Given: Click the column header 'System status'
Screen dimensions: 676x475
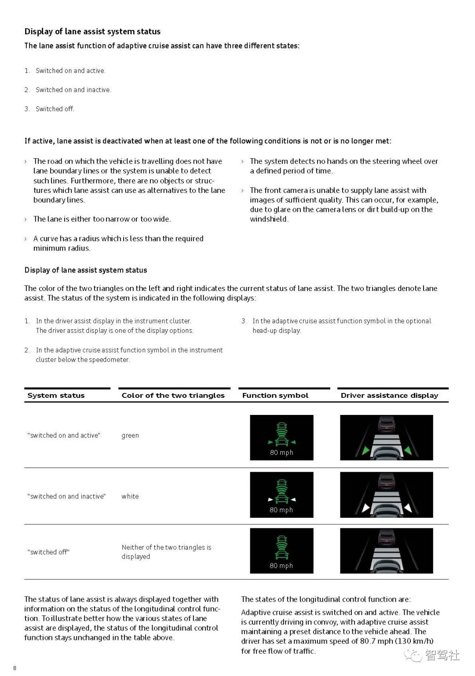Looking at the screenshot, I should [56, 395].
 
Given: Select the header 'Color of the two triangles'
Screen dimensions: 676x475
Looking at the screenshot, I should [173, 395].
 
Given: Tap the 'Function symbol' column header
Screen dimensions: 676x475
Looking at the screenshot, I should [275, 395].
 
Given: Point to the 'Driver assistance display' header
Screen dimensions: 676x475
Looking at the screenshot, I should [389, 395].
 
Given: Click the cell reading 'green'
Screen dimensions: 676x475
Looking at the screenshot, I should [130, 435].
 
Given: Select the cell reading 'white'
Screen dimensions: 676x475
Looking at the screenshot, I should [130, 496].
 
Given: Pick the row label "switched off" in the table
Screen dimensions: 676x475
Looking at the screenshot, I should [48, 552].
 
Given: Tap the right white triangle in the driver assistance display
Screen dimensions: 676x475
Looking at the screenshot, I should [408, 508].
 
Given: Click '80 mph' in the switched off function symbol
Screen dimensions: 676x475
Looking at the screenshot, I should [281, 566].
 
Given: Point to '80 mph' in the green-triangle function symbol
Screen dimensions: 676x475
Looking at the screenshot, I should [281, 452].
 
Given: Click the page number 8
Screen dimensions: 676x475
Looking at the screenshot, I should [15, 668].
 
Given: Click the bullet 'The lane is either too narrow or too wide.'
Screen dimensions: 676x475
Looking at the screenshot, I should [102, 219].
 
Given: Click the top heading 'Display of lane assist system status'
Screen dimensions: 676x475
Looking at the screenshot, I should [92, 31].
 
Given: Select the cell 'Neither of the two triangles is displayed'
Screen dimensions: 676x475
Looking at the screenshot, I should [166, 552].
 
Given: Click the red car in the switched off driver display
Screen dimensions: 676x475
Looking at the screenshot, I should [387, 537].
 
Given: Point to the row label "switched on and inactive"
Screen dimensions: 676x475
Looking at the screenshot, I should [66, 496].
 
